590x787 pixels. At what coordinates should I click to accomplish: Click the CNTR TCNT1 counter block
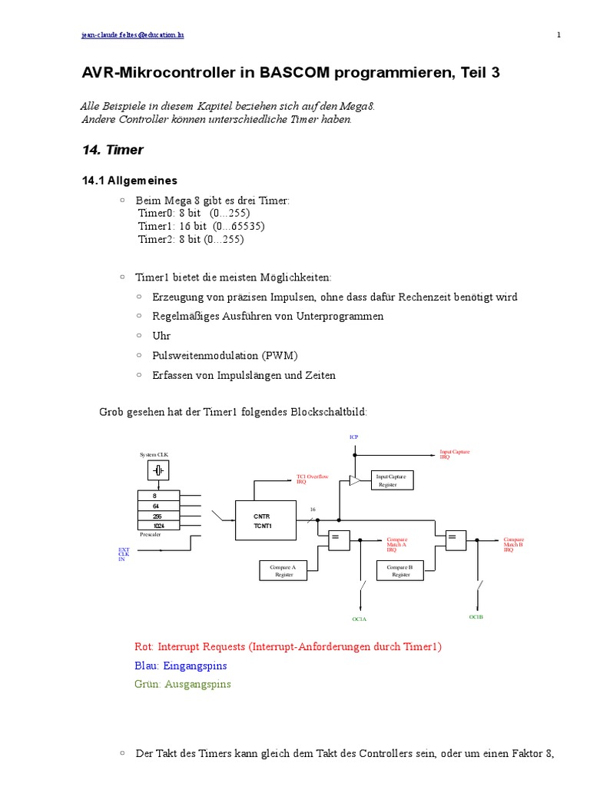tap(263, 520)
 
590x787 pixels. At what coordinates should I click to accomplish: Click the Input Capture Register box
tap(392, 480)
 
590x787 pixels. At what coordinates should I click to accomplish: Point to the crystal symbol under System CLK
tap(157, 470)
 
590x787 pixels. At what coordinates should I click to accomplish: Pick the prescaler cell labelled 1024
tap(157, 526)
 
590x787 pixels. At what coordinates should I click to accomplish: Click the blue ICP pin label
tap(353, 437)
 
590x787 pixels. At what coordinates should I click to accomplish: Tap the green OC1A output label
tap(360, 619)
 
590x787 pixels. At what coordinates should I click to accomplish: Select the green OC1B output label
tap(476, 616)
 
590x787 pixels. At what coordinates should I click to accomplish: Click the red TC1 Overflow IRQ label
tap(312, 479)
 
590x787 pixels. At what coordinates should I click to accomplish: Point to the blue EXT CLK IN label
tap(124, 554)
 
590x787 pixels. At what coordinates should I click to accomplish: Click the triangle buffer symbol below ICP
tap(354, 480)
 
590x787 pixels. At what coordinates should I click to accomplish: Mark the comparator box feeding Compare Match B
tap(454, 540)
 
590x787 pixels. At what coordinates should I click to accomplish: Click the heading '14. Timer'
tap(112, 150)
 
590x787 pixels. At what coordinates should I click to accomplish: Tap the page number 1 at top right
tap(559, 35)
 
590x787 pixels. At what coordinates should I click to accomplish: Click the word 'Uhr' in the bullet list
tap(161, 336)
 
